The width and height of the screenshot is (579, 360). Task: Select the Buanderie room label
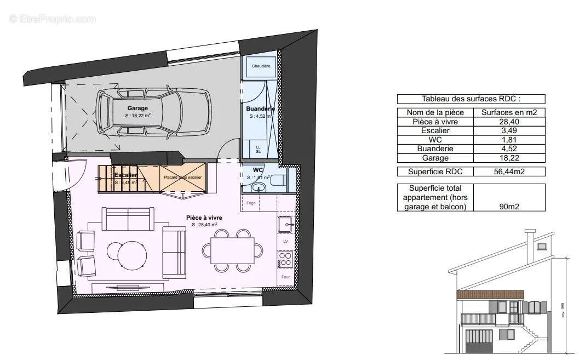click(x=257, y=109)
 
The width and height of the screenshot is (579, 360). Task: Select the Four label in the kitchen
click(x=285, y=277)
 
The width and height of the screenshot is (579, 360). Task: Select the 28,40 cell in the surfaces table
click(x=513, y=122)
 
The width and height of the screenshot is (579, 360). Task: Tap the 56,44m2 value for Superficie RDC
click(x=513, y=172)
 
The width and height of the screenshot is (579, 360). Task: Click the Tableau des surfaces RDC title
click(x=471, y=99)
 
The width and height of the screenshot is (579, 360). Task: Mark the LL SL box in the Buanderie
click(x=258, y=149)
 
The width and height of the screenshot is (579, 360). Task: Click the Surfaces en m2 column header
click(x=513, y=112)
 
